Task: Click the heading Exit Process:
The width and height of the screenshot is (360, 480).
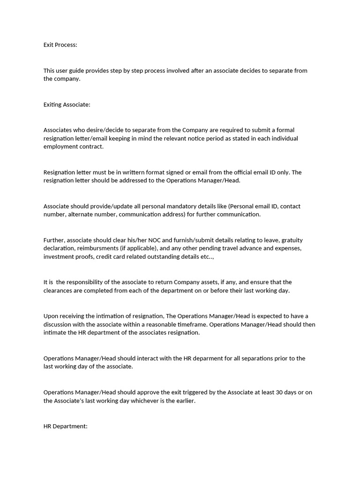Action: [60, 45]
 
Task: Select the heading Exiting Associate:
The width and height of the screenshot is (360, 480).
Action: [67, 105]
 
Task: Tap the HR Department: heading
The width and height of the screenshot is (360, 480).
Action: [65, 427]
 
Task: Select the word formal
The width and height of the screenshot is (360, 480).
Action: [285, 130]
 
